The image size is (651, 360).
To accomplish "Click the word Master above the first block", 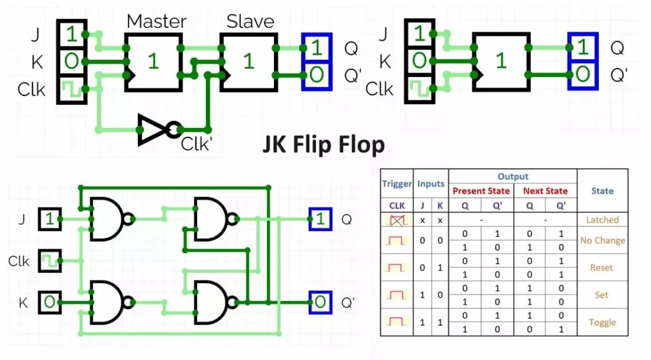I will pos(156,21).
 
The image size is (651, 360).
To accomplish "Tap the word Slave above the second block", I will pos(250,21).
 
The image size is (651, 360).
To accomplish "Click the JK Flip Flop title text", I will pos(324,145).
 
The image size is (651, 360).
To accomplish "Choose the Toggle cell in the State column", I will pos(602,322).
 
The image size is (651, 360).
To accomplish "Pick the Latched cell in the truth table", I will pos(602,219).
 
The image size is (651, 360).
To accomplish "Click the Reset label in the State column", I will pos(602,268).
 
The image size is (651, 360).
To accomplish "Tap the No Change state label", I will pos(602,240).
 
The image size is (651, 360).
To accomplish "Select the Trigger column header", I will pos(397,184).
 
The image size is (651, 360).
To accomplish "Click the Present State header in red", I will pos(481,191).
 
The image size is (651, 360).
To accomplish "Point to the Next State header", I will pos(545,191).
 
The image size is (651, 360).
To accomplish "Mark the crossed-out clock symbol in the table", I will pos(397,219).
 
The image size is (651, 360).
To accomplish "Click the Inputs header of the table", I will pos(431,184).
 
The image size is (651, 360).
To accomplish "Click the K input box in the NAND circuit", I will pos(49,302).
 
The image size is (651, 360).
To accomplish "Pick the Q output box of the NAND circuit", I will pos(320,219).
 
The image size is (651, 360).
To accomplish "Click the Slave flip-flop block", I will pos(248,61).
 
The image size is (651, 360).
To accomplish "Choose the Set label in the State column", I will pos(602,295).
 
